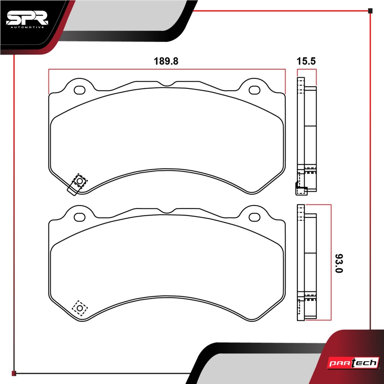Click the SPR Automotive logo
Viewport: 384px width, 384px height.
click(x=27, y=19)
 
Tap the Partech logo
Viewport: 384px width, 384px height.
click(x=353, y=363)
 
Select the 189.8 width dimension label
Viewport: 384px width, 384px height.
click(x=166, y=61)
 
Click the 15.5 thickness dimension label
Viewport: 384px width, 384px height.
click(x=306, y=61)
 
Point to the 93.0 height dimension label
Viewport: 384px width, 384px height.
click(x=339, y=263)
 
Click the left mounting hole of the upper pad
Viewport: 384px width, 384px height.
click(x=79, y=90)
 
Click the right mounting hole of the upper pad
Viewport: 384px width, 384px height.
click(x=255, y=90)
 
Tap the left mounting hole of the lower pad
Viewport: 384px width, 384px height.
click(x=79, y=217)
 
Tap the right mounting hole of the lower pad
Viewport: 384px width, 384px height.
click(x=255, y=217)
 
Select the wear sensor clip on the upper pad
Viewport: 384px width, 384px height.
click(x=77, y=184)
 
